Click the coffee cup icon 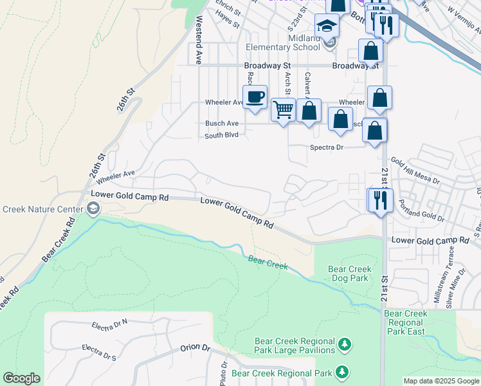click(255, 97)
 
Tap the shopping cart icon click(283, 110)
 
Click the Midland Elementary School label click(284, 42)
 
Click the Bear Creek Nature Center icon click(93, 208)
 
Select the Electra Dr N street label click(110, 324)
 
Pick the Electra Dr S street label click(99, 351)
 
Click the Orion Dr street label click(195, 347)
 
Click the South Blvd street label click(221, 136)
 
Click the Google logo click(21, 378)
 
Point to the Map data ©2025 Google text click(440, 381)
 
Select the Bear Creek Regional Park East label click(406, 322)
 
